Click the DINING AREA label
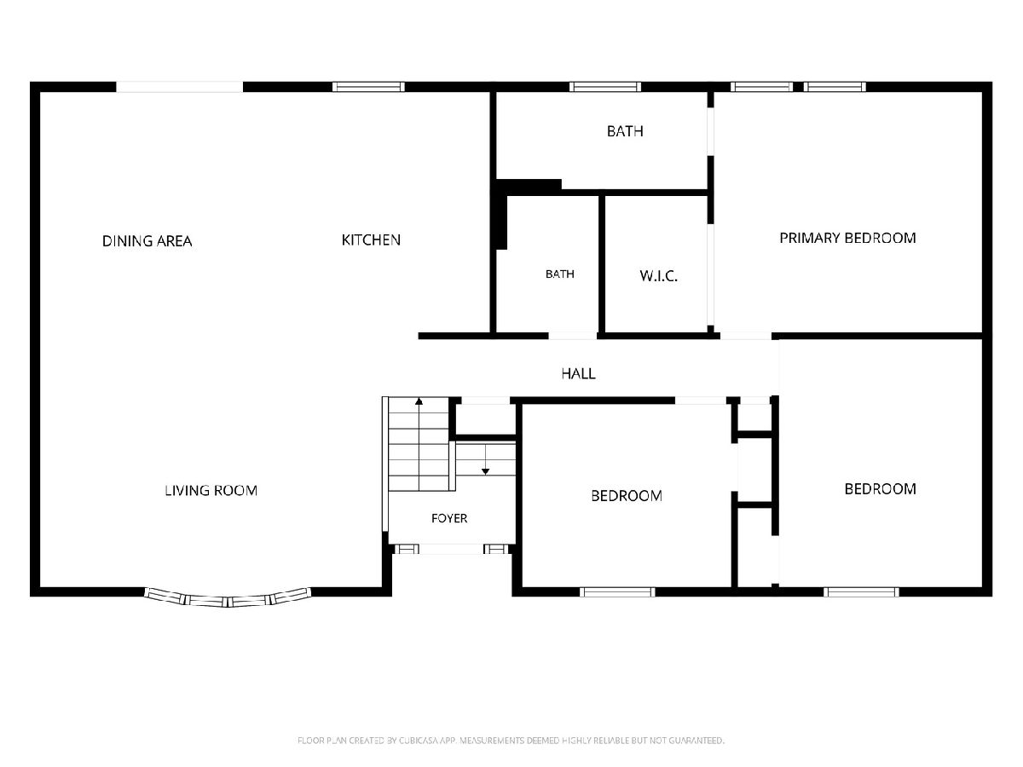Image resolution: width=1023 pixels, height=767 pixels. [147, 241]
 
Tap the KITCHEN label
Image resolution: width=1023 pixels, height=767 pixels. [371, 239]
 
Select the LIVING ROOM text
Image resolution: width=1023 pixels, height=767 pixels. [211, 490]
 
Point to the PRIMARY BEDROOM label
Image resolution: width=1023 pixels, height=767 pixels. [847, 238]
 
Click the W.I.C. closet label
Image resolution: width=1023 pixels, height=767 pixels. [658, 276]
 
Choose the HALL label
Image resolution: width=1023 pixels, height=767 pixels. [578, 373]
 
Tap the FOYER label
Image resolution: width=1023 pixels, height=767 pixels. [449, 518]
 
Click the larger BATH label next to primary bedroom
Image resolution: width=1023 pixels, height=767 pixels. [625, 131]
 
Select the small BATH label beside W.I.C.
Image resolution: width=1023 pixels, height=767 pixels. [560, 274]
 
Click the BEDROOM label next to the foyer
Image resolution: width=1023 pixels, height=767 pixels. [627, 495]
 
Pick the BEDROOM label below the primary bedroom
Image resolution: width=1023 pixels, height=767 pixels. [881, 488]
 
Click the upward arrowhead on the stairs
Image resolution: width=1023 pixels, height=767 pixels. [419, 401]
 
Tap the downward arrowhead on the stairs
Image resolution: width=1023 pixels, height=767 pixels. [486, 472]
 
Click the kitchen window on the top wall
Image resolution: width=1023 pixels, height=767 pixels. [368, 87]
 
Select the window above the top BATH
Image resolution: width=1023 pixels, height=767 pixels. [605, 87]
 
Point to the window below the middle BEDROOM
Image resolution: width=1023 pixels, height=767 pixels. [617, 592]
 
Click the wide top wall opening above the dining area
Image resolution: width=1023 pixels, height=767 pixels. [179, 87]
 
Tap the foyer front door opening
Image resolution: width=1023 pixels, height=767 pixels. [451, 550]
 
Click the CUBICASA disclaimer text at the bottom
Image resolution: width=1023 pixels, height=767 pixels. [511, 741]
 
